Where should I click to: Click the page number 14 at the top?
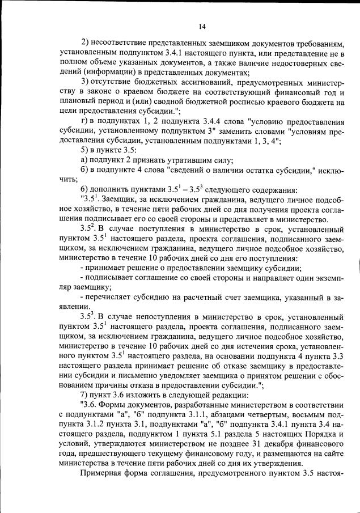tap(202, 25)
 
